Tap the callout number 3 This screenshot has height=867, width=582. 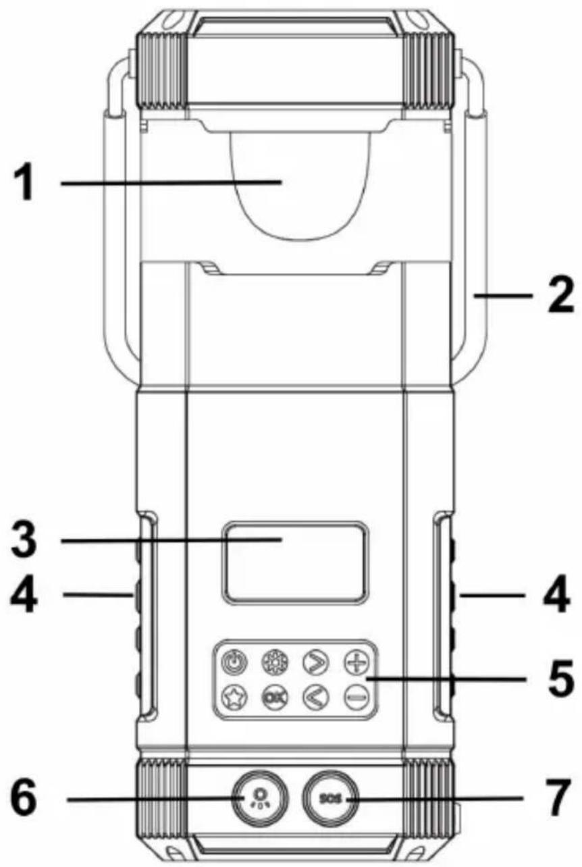pos(26,540)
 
